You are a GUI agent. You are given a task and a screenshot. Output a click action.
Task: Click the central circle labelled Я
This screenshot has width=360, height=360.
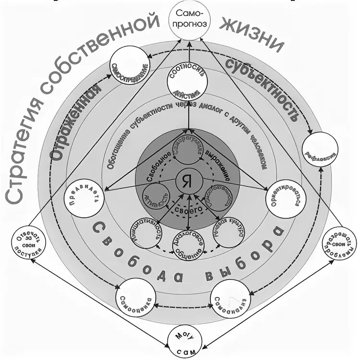coord(188,181)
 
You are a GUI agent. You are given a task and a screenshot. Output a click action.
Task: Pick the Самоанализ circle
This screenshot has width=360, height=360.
coord(231,298)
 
